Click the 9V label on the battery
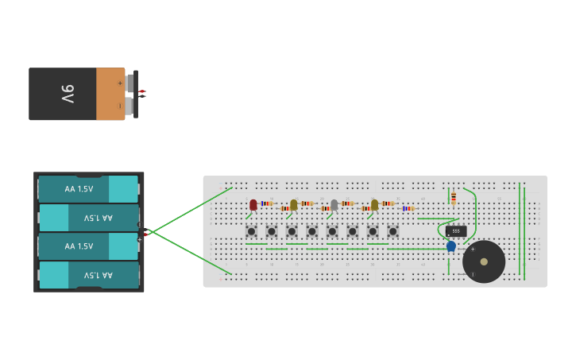[x=68, y=94]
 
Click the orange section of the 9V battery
[x=110, y=94]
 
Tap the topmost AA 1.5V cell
[x=89, y=189]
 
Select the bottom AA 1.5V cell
[x=89, y=275]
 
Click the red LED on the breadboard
[x=253, y=204]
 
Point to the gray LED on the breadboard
[x=334, y=204]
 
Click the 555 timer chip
[x=456, y=230]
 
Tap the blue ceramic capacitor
[x=451, y=246]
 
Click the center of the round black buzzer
[x=484, y=261]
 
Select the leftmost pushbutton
[x=251, y=231]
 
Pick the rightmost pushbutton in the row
[x=392, y=231]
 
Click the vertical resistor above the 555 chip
[x=454, y=198]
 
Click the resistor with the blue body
[x=408, y=208]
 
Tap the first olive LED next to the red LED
[x=294, y=204]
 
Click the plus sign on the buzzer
[x=473, y=249]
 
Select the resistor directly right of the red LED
[x=266, y=203]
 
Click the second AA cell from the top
[x=89, y=218]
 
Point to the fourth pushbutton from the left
[x=312, y=231]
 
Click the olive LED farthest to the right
[x=374, y=204]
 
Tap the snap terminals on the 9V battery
[x=132, y=94]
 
